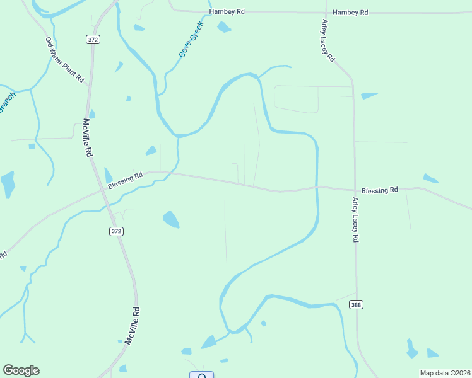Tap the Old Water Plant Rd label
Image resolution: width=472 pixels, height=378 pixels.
click(x=64, y=60)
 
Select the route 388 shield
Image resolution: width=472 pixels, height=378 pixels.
click(x=356, y=305)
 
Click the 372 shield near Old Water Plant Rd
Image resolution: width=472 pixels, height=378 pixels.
click(x=93, y=39)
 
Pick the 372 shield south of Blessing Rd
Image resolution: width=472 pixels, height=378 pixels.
click(x=115, y=231)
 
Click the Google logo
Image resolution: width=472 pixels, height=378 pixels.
click(x=21, y=370)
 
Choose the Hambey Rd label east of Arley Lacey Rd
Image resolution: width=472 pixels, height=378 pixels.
click(x=350, y=13)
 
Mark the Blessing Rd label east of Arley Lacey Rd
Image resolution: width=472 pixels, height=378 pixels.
click(x=380, y=190)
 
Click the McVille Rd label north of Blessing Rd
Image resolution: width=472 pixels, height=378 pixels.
click(x=88, y=139)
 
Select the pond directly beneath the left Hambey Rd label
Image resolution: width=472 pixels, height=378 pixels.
click(x=224, y=27)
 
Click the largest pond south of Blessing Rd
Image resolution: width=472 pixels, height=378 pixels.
click(x=171, y=219)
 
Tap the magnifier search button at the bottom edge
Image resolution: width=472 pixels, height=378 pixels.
click(x=202, y=375)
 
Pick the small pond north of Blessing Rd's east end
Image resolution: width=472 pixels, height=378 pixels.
click(x=430, y=178)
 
